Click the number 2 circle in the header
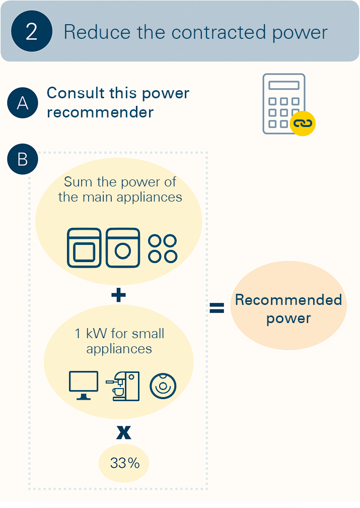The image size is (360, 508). pyautogui.click(x=32, y=31)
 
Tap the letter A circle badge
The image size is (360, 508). pyautogui.click(x=23, y=103)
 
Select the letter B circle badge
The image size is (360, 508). pyautogui.click(x=23, y=159)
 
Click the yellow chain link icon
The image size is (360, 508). pyautogui.click(x=303, y=123)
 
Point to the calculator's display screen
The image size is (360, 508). pyautogui.click(x=284, y=85)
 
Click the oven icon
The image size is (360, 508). pyautogui.click(x=84, y=248)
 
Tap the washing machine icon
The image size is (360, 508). pyautogui.click(x=123, y=248)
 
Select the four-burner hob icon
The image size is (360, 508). pyautogui.click(x=163, y=248)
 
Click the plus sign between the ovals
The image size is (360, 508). pyautogui.click(x=118, y=295)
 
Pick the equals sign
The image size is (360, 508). pyautogui.click(x=217, y=308)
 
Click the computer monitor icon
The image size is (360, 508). pyautogui.click(x=84, y=386)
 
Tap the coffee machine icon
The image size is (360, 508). pyautogui.click(x=123, y=386)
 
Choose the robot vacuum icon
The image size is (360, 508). pyautogui.click(x=163, y=386)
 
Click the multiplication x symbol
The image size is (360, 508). pyautogui.click(x=124, y=432)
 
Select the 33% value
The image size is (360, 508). pyautogui.click(x=125, y=463)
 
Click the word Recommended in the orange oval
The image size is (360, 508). pyautogui.click(x=289, y=300)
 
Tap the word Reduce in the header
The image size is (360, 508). pyautogui.click(x=97, y=32)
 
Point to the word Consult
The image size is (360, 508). pyautogui.click(x=76, y=93)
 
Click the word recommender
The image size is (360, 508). pyautogui.click(x=100, y=112)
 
